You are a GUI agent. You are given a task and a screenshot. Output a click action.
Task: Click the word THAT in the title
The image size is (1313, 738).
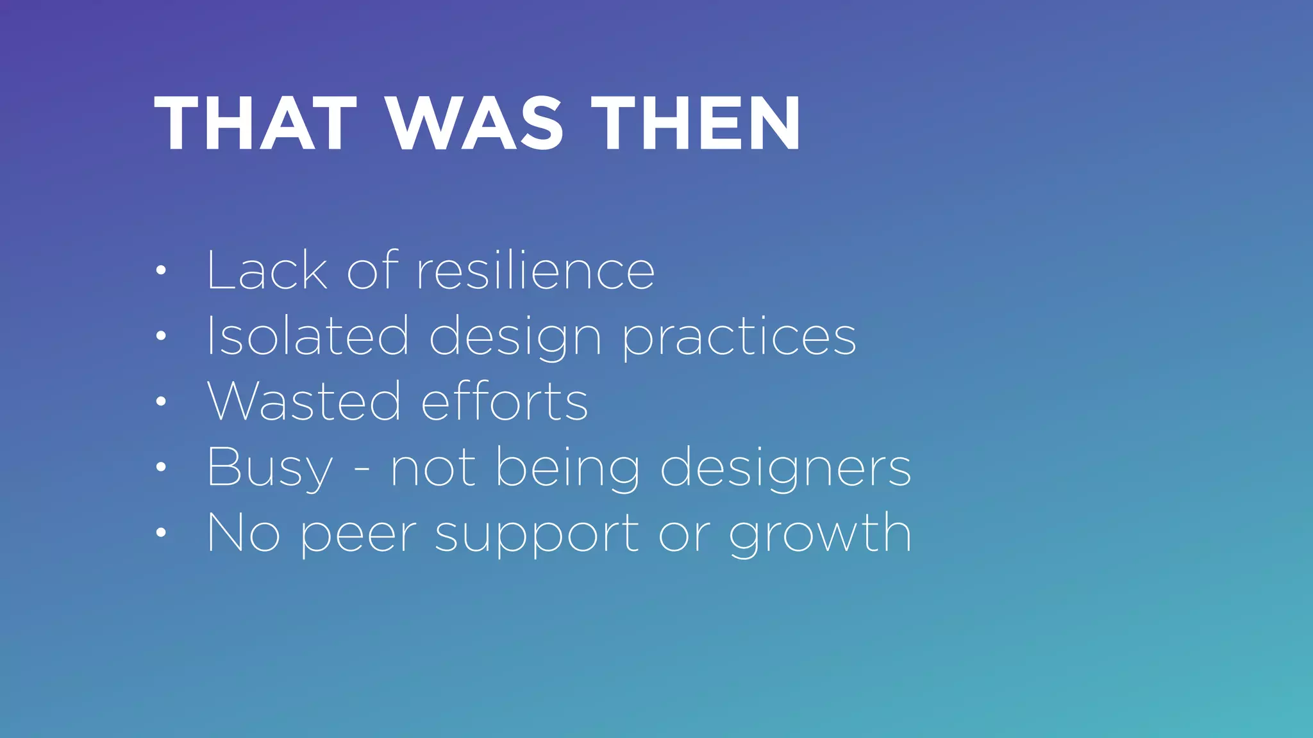click(255, 123)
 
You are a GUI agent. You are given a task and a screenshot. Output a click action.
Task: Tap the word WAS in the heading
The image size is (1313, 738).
click(475, 123)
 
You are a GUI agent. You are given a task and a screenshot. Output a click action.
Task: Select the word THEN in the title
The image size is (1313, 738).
click(695, 123)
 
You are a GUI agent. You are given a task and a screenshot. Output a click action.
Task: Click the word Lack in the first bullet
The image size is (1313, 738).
click(267, 270)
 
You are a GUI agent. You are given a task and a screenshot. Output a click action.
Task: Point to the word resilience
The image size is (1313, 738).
click(535, 270)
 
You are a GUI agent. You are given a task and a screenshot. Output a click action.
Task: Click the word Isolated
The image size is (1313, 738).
click(307, 336)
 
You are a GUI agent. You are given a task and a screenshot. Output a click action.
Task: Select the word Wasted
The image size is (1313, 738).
click(304, 401)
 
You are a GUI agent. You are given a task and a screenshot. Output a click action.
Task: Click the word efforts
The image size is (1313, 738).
click(505, 401)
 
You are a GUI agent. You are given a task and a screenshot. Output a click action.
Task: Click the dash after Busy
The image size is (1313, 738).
click(362, 470)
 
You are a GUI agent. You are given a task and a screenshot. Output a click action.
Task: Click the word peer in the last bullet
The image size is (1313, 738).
click(358, 534)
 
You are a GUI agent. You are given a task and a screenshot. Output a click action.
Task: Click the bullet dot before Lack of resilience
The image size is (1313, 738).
click(161, 270)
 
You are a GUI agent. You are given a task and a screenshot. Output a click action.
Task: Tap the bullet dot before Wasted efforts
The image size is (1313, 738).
click(161, 402)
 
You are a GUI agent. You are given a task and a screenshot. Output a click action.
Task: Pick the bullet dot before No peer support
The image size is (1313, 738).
click(161, 532)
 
